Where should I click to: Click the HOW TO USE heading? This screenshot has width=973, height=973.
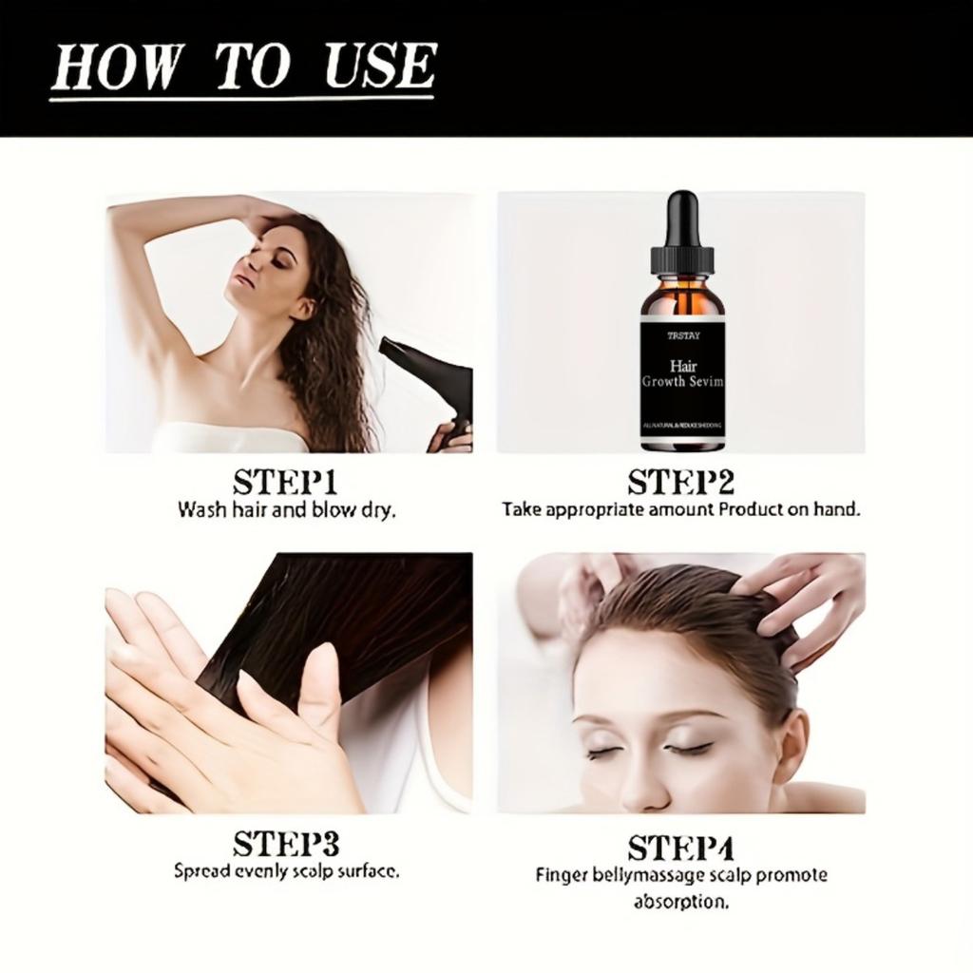pos(242,67)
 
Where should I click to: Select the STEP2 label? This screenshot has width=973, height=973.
pos(681,482)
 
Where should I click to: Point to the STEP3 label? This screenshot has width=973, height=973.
pos(286,843)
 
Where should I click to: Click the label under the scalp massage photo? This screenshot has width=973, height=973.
pos(680,847)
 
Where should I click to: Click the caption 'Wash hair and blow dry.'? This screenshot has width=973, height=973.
pos(286,509)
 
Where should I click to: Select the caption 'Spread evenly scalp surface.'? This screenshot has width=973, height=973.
pos(286,870)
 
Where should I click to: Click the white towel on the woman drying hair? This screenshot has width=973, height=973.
pos(228,438)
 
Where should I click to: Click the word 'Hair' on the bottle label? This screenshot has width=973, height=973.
pos(682,365)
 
